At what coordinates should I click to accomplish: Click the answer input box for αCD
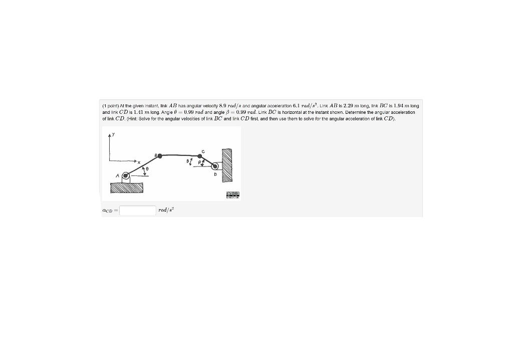click(x=138, y=210)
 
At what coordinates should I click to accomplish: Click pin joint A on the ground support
click(x=126, y=176)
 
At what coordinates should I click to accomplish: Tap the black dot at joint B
click(x=160, y=156)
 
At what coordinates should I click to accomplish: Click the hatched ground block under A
click(x=127, y=188)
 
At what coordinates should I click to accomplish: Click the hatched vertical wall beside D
click(x=227, y=166)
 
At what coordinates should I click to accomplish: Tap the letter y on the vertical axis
click(x=113, y=134)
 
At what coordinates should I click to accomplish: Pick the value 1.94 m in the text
click(x=403, y=106)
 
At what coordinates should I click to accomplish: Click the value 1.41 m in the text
click(x=133, y=112)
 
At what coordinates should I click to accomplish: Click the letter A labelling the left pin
click(x=117, y=176)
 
